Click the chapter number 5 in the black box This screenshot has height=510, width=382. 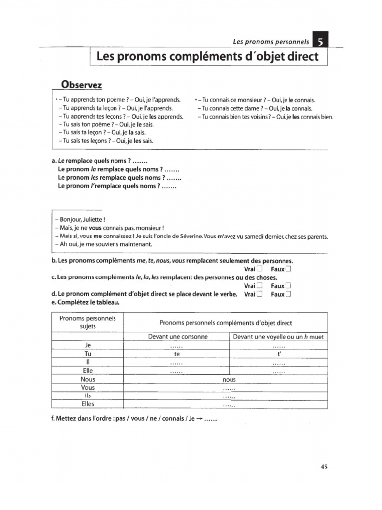321,43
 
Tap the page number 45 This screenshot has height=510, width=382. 324,467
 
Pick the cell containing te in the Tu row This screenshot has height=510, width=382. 176,354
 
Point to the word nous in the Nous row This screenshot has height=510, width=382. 229,380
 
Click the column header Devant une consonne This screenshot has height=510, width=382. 178,337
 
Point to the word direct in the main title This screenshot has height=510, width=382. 299,57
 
